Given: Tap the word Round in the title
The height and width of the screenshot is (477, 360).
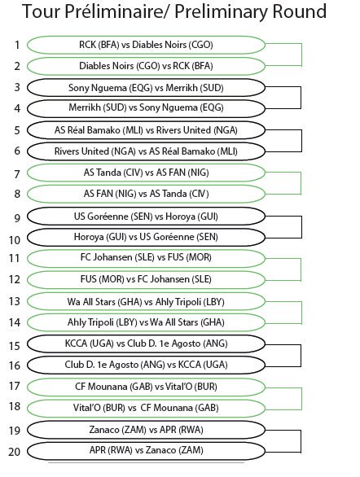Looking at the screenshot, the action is click(x=299, y=11).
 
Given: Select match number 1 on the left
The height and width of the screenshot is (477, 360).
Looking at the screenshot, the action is click(x=17, y=45).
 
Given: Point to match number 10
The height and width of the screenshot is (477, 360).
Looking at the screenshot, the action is click(x=15, y=240).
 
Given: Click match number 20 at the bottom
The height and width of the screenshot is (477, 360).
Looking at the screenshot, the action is click(x=15, y=452).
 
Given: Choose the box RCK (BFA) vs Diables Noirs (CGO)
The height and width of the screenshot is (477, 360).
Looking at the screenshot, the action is click(x=146, y=45).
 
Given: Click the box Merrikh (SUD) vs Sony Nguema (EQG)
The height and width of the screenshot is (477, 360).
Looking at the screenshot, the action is click(x=146, y=108).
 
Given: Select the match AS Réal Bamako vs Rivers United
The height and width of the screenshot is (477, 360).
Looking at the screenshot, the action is click(x=146, y=130).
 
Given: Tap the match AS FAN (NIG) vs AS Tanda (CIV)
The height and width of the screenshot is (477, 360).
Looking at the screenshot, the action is click(x=146, y=194).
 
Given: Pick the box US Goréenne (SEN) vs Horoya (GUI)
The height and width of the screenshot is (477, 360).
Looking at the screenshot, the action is click(x=146, y=217).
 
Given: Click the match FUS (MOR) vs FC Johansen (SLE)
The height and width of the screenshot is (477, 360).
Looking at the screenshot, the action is click(x=146, y=279).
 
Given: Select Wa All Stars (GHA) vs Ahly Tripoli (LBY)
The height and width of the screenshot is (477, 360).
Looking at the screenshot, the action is click(x=146, y=301).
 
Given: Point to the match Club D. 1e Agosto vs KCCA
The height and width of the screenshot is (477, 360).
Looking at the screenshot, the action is click(x=146, y=365).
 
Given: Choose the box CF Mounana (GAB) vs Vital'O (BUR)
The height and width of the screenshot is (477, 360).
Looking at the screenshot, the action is click(x=146, y=387).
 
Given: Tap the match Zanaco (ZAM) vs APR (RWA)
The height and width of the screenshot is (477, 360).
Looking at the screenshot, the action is click(x=146, y=430).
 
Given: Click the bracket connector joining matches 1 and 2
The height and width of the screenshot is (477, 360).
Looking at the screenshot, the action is click(x=301, y=55).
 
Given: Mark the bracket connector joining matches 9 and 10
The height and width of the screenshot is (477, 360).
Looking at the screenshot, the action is click(x=301, y=227).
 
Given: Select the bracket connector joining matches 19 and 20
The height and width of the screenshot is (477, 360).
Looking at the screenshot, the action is click(x=301, y=441).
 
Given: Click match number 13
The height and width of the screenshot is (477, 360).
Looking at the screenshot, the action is click(x=15, y=301).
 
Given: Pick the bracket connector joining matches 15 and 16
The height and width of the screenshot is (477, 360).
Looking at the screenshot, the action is click(x=301, y=356).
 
